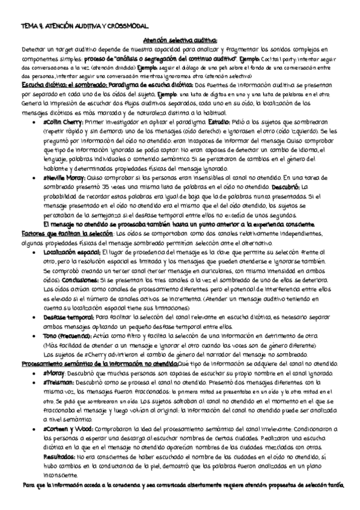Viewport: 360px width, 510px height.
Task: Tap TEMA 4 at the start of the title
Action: (30, 26)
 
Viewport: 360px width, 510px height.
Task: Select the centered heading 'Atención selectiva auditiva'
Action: (178, 40)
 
